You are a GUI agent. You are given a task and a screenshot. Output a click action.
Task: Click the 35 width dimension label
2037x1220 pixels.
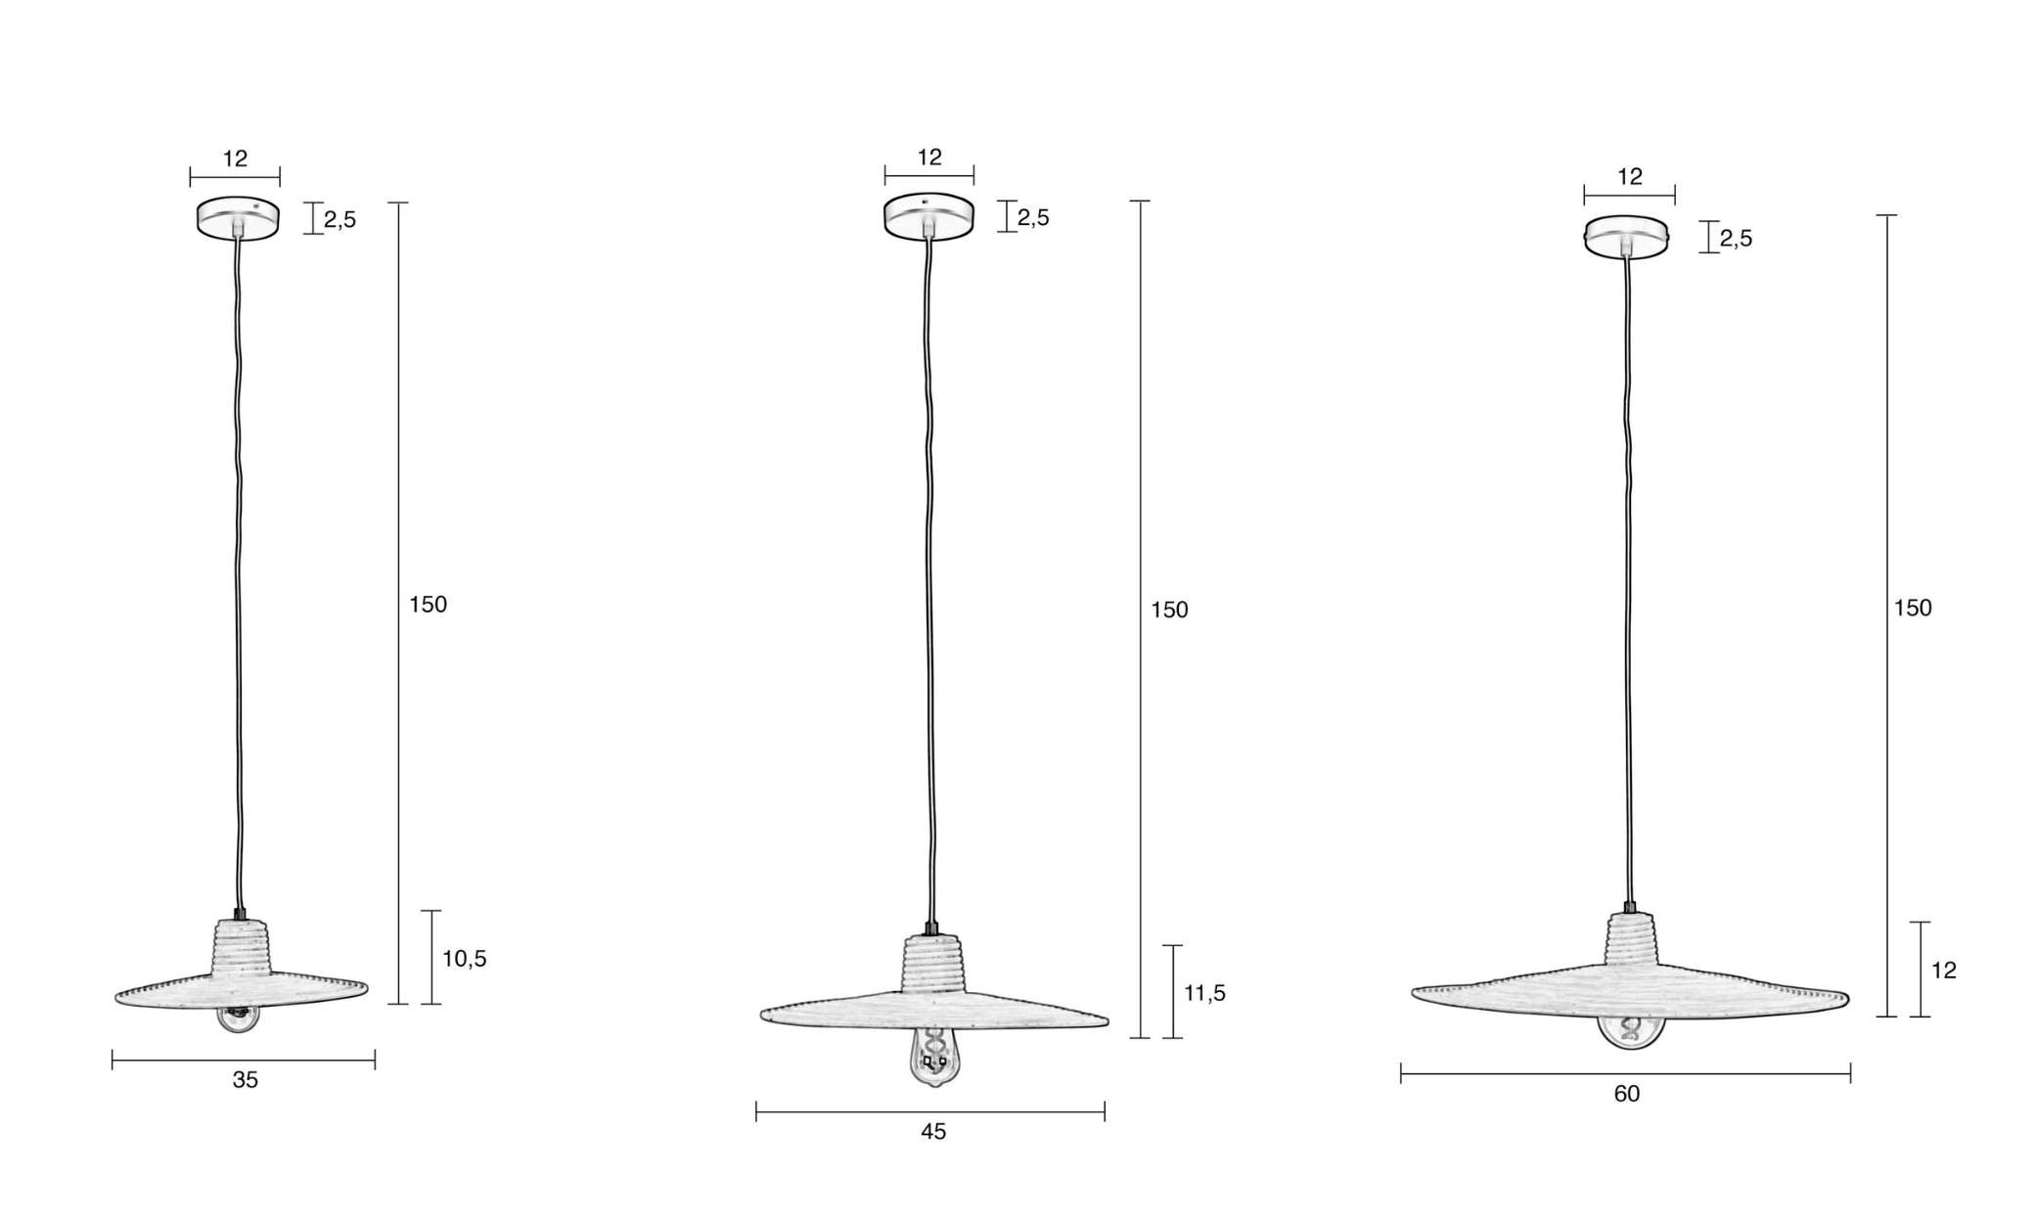coord(246,1080)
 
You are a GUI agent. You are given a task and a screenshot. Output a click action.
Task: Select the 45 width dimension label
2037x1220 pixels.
coord(933,1131)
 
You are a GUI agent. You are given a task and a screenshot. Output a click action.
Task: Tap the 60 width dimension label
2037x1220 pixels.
coord(1626,1094)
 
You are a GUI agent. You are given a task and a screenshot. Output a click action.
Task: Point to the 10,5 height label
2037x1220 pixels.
coord(464,959)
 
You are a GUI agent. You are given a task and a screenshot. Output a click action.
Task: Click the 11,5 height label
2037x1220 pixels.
coord(1204,993)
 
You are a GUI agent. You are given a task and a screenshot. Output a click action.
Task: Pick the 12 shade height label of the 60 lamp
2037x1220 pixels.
coord(1943,970)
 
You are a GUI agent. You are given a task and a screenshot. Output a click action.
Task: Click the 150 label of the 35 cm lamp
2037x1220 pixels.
coord(428,605)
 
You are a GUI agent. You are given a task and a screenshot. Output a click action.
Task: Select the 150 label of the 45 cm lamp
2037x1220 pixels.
coord(1169,610)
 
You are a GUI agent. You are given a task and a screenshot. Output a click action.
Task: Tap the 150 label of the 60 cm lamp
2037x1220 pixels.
coord(1913,608)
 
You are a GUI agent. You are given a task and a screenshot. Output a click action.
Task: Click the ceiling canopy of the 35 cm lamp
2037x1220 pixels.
coord(238,217)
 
